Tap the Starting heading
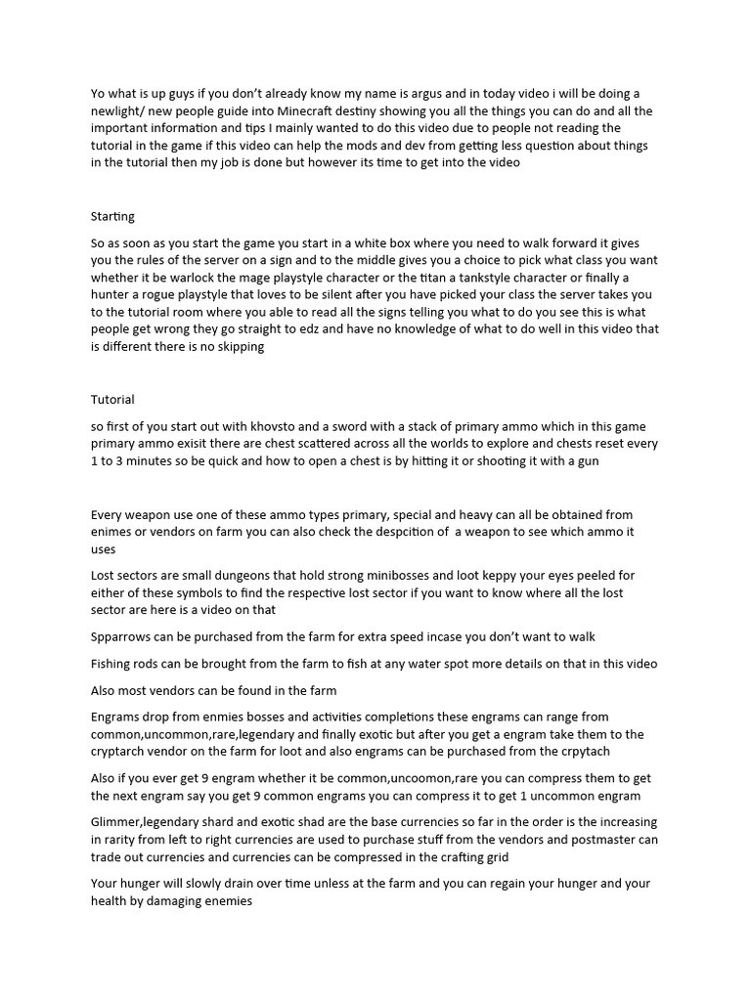pyautogui.click(x=112, y=215)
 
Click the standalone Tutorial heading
pyautogui.click(x=112, y=399)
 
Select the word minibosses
pyautogui.click(x=391, y=576)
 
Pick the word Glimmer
pyautogui.click(x=119, y=822)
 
